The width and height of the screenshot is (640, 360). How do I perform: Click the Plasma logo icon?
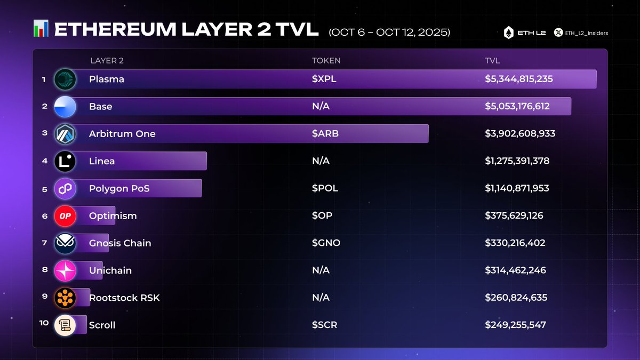[65, 79]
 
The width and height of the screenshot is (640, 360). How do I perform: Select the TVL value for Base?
[517, 106]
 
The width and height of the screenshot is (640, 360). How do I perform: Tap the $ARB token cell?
[325, 133]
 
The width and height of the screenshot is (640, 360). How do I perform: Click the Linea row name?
[102, 161]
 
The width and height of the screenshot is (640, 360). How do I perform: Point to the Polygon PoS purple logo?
[65, 188]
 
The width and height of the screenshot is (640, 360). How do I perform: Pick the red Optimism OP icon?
[65, 215]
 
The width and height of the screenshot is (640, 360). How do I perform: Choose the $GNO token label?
[326, 243]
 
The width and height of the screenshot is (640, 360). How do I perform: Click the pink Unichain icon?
[65, 270]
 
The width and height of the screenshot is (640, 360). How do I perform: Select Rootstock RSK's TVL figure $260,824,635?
[516, 297]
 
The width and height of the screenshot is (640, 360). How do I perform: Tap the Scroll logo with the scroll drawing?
[65, 325]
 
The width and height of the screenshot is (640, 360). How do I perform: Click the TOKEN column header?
[326, 61]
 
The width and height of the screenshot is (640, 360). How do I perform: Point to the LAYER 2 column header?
[107, 61]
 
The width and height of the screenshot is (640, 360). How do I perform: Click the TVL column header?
[492, 61]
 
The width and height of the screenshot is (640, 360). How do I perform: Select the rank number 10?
[44, 323]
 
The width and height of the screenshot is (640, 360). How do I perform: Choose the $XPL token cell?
[324, 79]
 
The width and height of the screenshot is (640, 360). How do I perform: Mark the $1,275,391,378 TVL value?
[517, 161]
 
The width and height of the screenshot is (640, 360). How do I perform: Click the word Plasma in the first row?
[107, 79]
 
